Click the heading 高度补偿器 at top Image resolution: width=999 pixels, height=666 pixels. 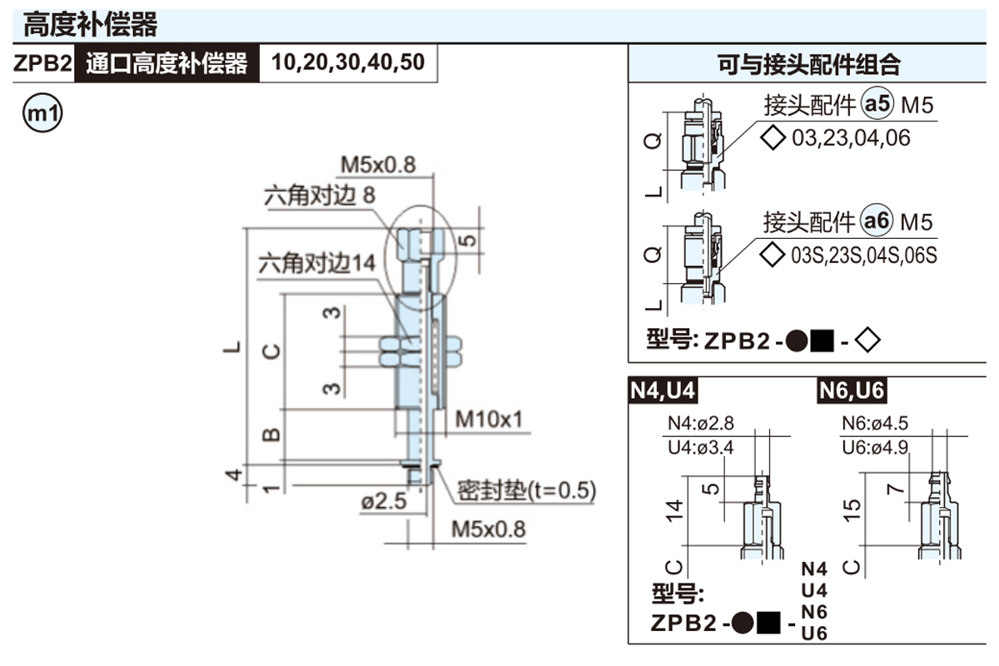click(90, 24)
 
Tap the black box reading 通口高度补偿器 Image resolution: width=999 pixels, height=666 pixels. click(166, 63)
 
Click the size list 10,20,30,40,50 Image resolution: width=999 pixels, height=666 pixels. click(348, 63)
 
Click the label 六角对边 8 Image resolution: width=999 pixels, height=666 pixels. click(320, 196)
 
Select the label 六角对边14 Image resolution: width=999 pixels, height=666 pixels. click(316, 264)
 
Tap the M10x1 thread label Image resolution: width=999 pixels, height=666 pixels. click(489, 418)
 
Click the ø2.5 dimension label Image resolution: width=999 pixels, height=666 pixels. click(383, 502)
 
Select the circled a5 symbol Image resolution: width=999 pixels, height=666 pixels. click(877, 105)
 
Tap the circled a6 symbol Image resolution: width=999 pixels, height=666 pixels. click(877, 221)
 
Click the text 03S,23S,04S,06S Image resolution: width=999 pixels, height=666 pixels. click(863, 255)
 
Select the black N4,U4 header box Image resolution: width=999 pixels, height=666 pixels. click(663, 390)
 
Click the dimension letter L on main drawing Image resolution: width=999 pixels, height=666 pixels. click(235, 345)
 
